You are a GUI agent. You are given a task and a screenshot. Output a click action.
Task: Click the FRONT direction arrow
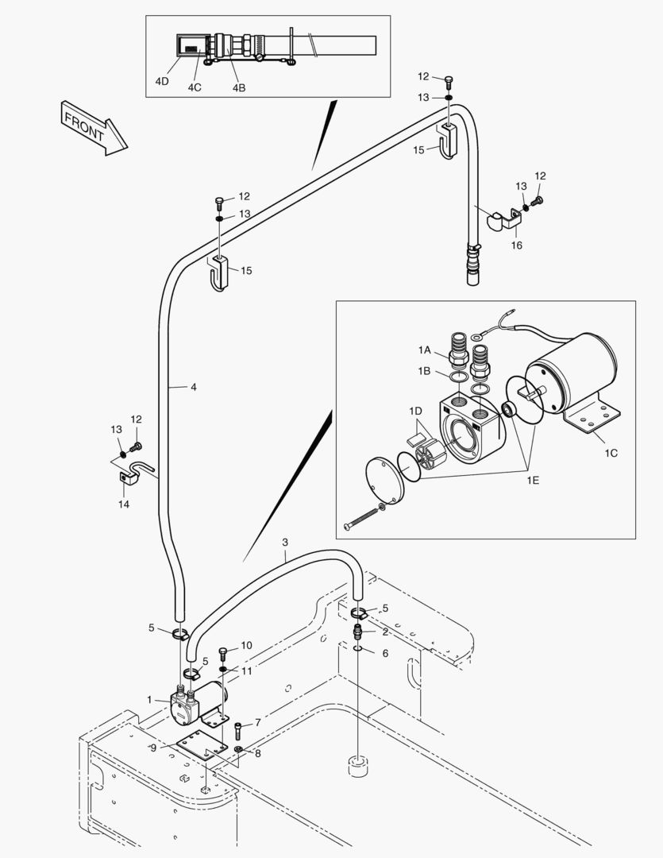coord(94,128)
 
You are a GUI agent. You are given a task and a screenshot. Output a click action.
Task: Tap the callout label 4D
coord(161,82)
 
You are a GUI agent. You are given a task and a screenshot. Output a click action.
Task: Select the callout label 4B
coord(238,87)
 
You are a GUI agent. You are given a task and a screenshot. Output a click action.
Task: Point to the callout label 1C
coord(611,453)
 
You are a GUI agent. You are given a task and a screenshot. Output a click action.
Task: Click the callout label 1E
coord(533,480)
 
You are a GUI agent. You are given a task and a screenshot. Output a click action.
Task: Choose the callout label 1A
coord(425,350)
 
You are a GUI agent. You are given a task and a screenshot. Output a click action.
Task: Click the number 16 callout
coord(516,245)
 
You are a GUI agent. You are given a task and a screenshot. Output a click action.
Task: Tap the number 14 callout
coord(124,504)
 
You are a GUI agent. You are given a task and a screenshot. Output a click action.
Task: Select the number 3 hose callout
coord(285,543)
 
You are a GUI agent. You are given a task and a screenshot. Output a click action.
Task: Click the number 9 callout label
coord(153,748)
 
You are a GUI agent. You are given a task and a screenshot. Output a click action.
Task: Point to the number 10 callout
coord(247,646)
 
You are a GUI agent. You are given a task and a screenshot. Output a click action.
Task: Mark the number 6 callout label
coord(385,653)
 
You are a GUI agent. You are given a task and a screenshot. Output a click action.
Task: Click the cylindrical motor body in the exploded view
coord(571,373)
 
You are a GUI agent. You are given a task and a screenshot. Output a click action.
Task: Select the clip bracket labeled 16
coord(504,219)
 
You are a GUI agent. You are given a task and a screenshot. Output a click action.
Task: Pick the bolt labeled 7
coord(238,730)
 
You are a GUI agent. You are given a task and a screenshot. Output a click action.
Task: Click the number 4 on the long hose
coord(193,388)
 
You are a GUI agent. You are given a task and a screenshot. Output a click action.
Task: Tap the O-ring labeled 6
coord(358,649)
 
